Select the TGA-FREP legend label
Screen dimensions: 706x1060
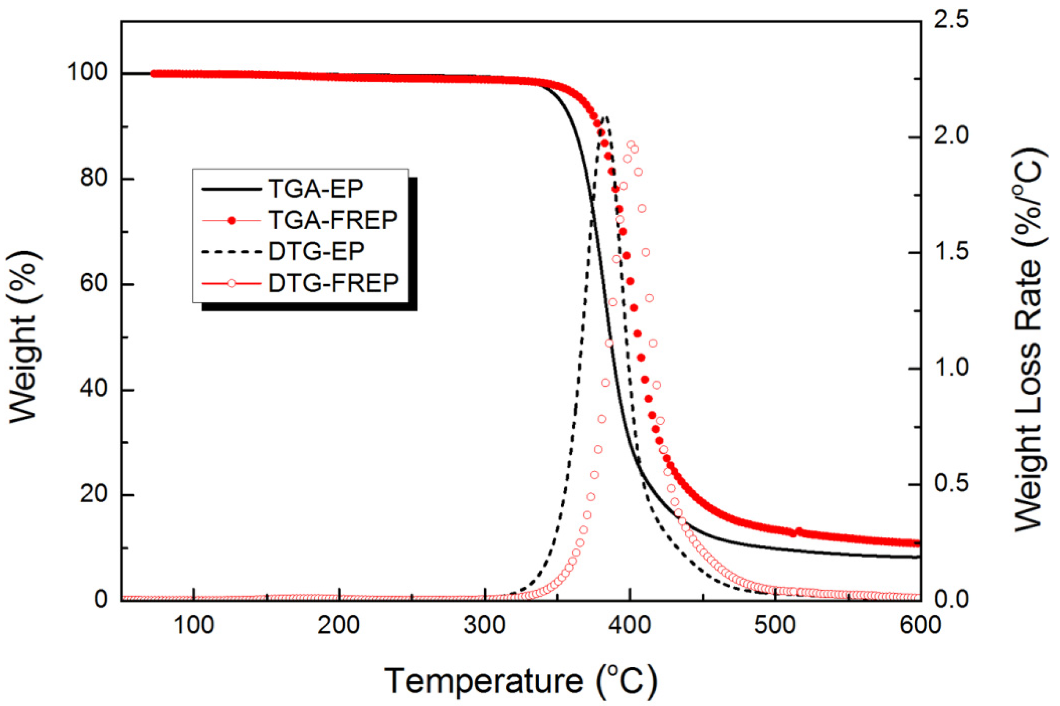[333, 220]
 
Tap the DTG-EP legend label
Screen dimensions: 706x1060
[316, 251]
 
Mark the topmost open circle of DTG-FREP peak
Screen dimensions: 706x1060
[631, 144]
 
